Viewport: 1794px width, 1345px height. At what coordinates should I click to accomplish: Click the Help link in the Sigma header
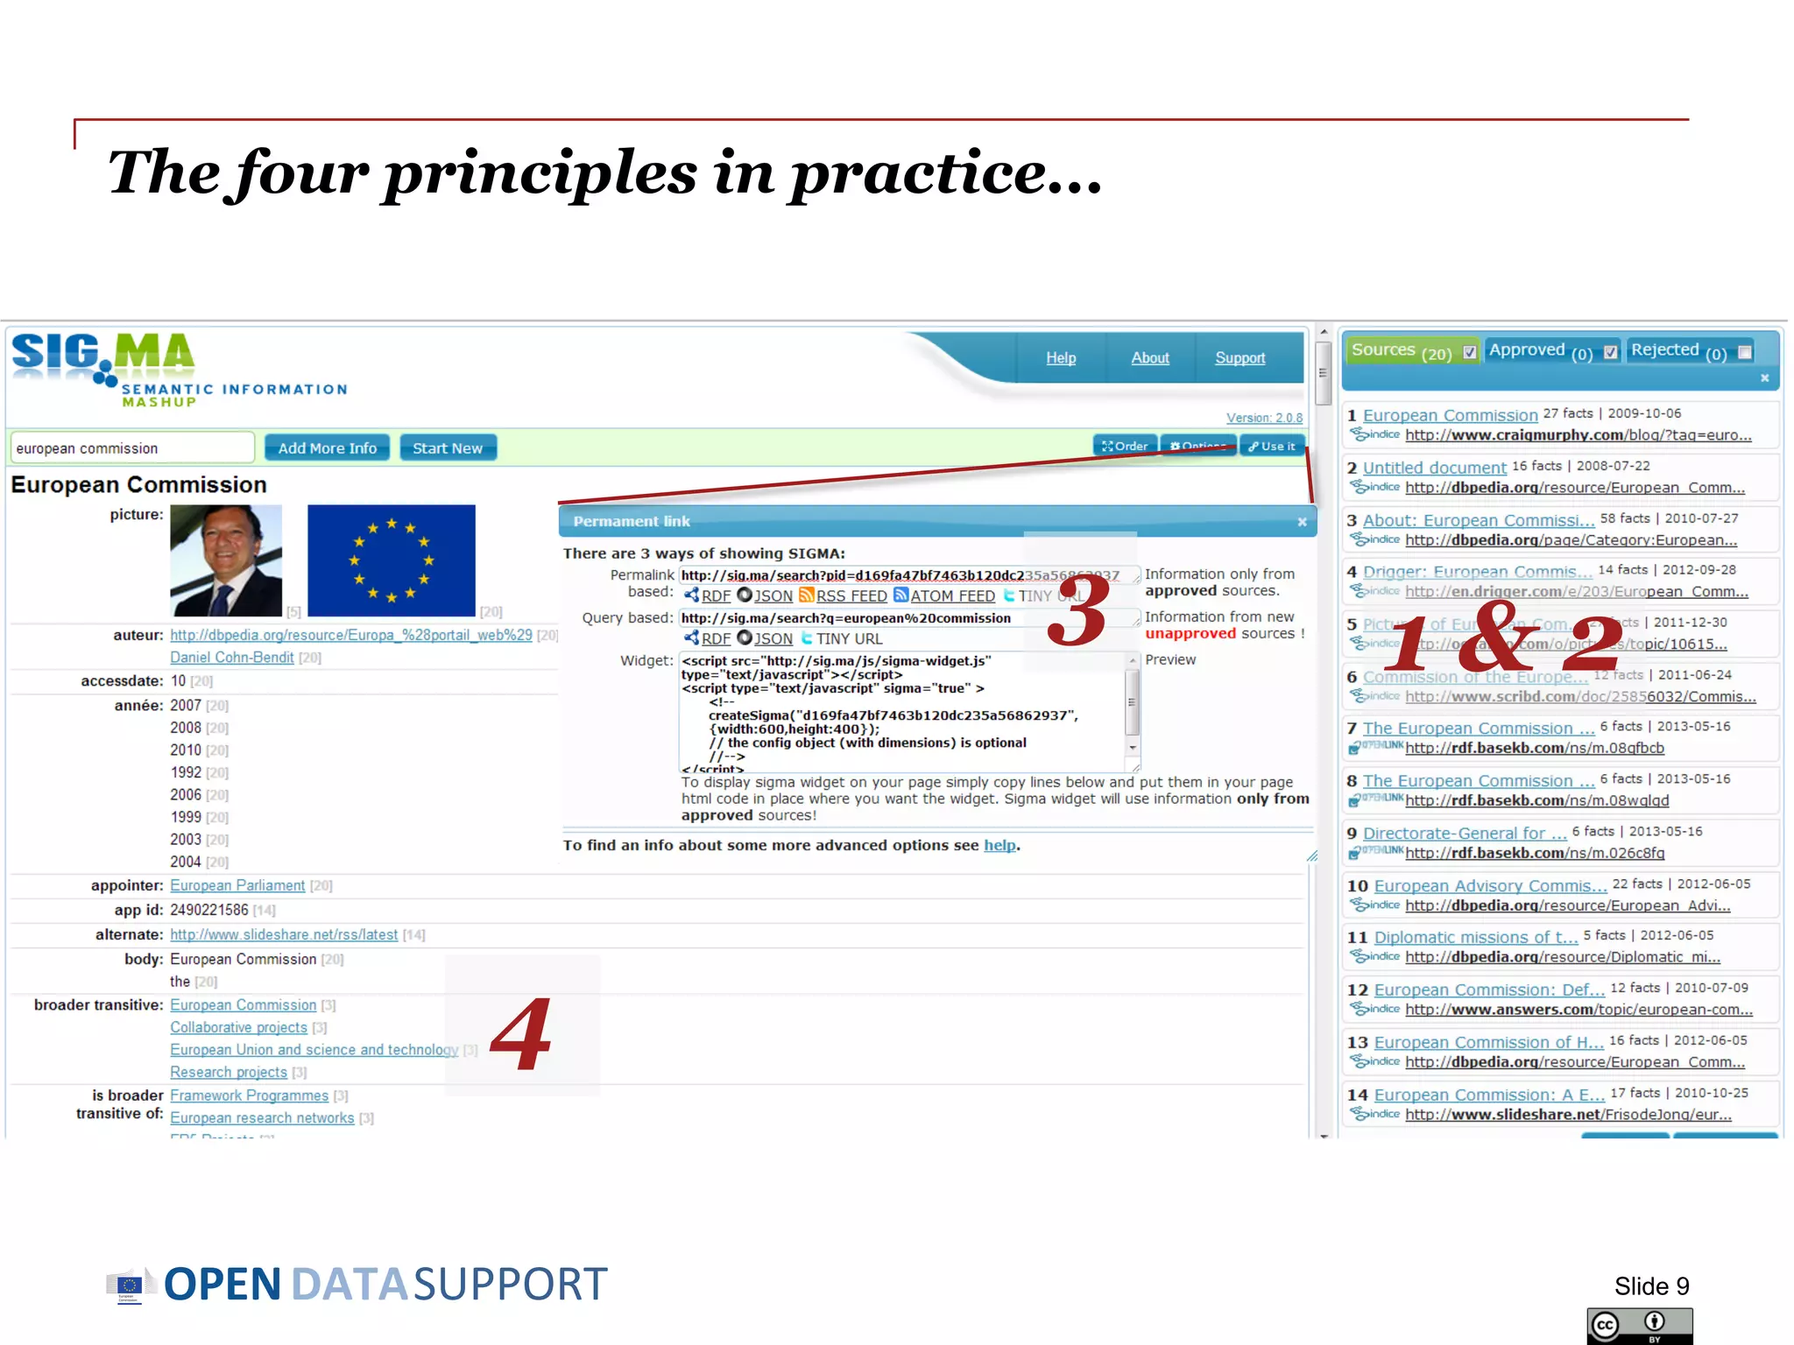1061,358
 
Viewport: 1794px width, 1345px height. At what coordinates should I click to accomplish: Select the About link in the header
1149,358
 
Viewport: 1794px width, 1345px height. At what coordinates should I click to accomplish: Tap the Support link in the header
1240,358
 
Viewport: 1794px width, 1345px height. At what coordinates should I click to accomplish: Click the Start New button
448,448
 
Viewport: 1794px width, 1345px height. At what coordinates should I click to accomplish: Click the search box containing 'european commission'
131,448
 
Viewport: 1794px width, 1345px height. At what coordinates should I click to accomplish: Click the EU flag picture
392,560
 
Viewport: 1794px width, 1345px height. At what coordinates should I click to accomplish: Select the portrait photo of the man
226,560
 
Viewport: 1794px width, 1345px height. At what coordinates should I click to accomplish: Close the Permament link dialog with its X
1302,522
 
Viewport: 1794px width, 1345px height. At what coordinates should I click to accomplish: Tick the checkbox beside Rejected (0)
1745,352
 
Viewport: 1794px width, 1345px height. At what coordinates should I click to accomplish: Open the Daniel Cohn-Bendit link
232,658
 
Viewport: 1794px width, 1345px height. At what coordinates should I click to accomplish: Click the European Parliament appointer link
237,886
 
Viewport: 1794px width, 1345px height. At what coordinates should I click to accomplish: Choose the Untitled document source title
1434,468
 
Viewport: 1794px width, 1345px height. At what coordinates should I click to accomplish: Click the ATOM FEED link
951,596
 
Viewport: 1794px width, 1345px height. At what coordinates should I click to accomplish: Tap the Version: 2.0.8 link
1263,419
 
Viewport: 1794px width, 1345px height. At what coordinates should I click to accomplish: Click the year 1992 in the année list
186,772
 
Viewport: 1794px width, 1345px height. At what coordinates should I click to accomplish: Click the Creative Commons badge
1639,1325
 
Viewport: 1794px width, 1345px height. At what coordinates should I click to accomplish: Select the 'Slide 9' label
1651,1286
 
